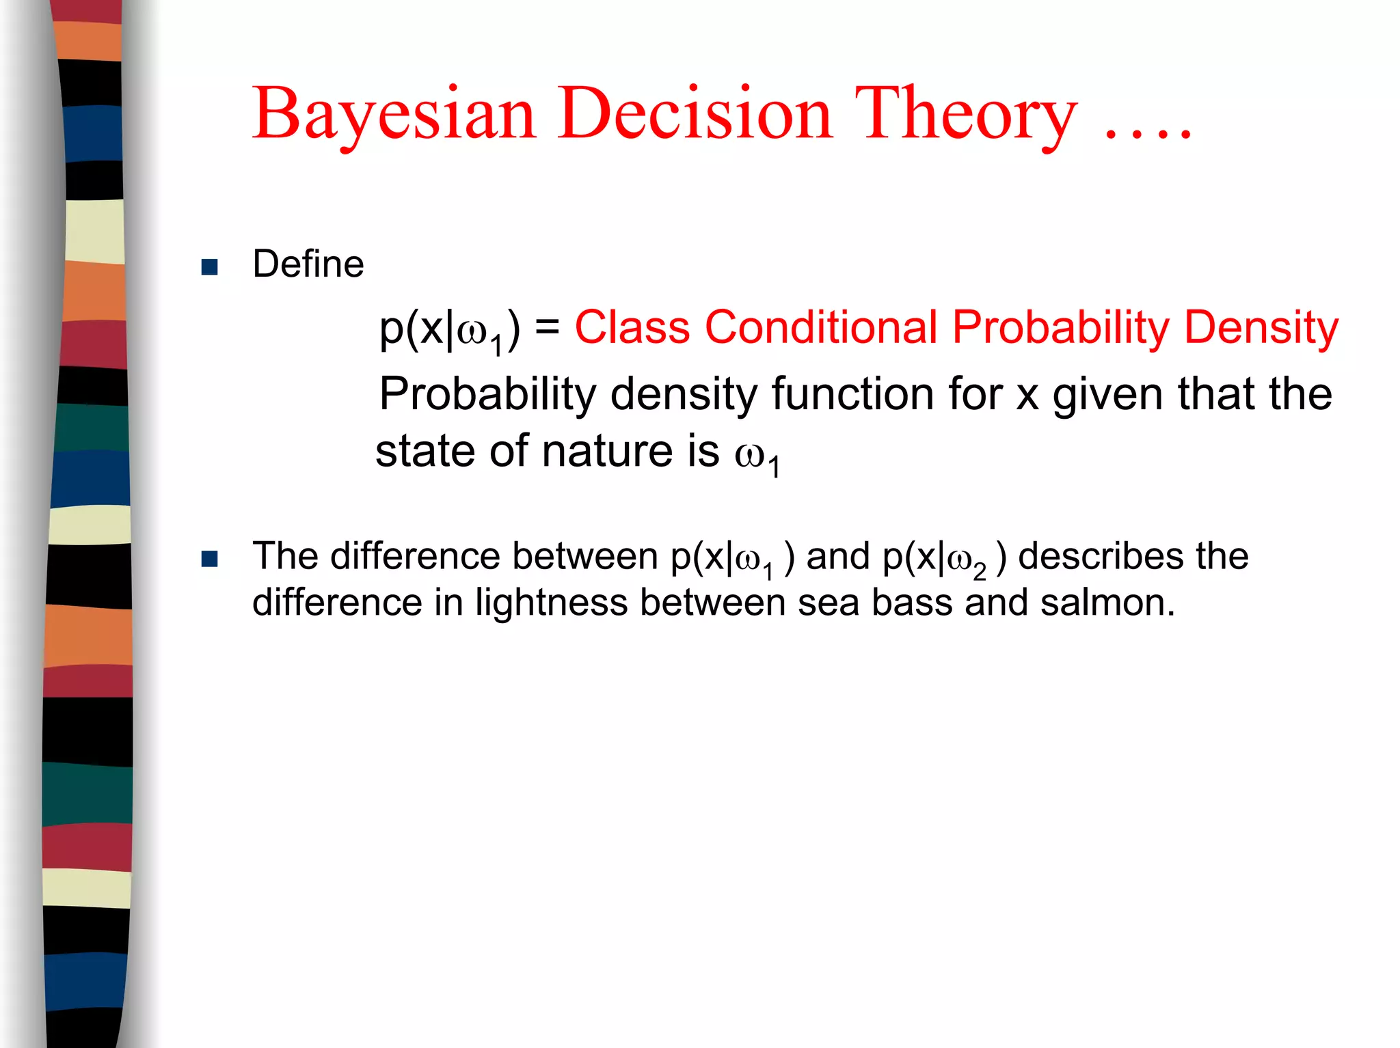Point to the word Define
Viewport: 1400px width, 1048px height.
[x=308, y=264]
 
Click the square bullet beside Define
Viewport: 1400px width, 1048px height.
[x=210, y=267]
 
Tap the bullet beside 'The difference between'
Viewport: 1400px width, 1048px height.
[x=210, y=560]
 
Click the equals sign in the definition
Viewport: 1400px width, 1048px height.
[x=547, y=327]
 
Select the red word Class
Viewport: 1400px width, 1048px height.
[x=632, y=327]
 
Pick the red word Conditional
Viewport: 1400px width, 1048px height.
[x=820, y=327]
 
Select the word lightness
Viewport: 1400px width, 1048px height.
[x=551, y=603]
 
